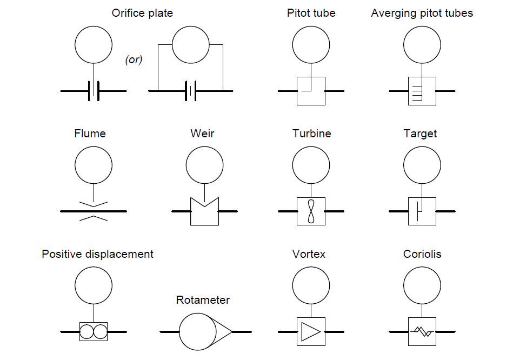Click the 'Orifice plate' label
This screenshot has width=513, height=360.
pos(142,13)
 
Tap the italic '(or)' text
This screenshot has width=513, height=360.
pos(134,60)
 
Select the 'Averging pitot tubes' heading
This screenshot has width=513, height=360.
pos(422,13)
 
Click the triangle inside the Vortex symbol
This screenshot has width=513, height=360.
pos(310,331)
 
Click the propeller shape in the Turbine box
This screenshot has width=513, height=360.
pos(311,211)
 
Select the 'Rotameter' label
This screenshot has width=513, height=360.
pos(203,300)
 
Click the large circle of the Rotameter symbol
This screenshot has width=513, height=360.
pos(197,331)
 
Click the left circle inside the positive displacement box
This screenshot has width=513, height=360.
pos(86,331)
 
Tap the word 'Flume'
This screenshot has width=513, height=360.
pos(90,133)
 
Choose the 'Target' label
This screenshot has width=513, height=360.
pos(420,133)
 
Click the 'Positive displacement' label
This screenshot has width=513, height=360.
pos(98,254)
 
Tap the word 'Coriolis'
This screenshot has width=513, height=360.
pos(422,254)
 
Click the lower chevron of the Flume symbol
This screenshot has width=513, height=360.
pos(94,217)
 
